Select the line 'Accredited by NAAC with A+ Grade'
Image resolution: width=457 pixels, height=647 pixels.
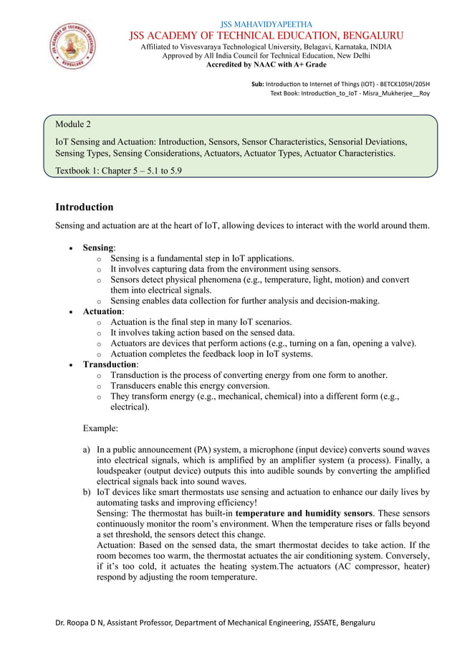click(x=266, y=65)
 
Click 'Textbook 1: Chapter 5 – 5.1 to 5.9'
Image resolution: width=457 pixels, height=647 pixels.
click(x=113, y=170)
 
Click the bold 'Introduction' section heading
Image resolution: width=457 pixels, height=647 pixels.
click(x=85, y=207)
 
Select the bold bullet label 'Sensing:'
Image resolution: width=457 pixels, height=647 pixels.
click(x=99, y=247)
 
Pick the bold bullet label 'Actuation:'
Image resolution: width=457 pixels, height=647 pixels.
click(x=103, y=311)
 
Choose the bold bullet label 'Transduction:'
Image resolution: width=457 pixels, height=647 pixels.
click(x=109, y=364)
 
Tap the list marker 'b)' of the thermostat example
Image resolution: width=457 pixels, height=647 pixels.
click(x=87, y=492)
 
